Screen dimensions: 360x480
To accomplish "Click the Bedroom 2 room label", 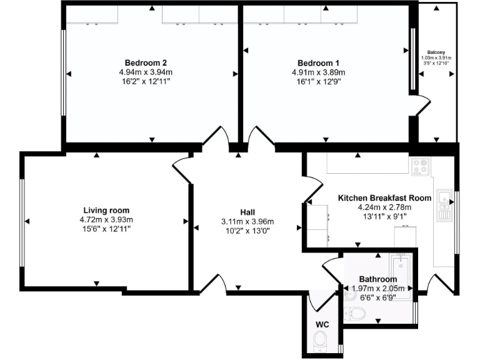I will click(145, 62).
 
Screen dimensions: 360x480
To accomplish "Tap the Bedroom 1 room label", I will click(318, 62).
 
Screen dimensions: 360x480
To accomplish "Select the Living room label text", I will click(106, 211).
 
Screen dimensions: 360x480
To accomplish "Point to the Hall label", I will click(247, 212).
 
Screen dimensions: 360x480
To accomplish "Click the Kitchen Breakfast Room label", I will click(384, 197).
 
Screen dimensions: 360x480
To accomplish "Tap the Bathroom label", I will click(377, 279).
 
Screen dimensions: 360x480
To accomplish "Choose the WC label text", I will click(322, 324).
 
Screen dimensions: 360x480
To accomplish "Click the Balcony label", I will click(436, 52).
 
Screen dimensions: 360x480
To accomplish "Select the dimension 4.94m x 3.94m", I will click(145, 72).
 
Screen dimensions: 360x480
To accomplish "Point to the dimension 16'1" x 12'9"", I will click(318, 82).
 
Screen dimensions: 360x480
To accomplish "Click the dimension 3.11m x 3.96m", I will click(247, 222).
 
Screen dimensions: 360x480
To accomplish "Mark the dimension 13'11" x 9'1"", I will click(384, 217).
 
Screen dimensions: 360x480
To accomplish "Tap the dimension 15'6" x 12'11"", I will click(106, 230).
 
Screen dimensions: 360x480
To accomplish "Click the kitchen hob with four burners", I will click(419, 166).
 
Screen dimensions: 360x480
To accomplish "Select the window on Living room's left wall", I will click(21, 222).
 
